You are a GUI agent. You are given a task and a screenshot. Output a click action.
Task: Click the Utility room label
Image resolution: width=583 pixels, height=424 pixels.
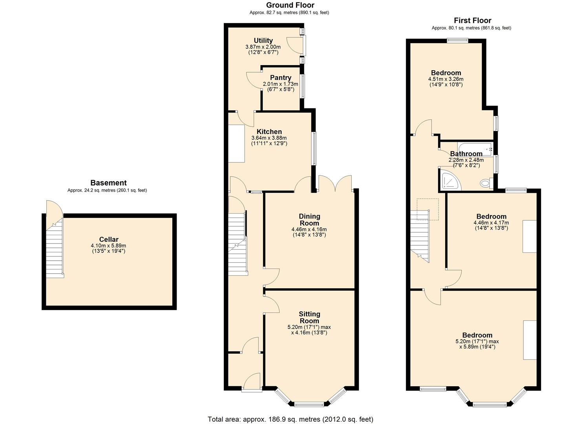click(263, 41)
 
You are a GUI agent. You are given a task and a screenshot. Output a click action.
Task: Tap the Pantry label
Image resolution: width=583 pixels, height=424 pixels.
click(280, 78)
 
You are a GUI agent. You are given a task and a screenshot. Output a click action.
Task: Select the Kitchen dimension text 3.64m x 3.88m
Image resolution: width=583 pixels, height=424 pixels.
click(269, 138)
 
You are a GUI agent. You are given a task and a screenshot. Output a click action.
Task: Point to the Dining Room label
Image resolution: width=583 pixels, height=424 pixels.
click(309, 219)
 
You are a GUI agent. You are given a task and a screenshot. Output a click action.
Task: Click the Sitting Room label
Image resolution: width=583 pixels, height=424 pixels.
click(309, 317)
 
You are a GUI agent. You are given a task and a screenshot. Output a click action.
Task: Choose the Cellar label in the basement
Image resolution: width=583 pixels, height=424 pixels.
click(108, 239)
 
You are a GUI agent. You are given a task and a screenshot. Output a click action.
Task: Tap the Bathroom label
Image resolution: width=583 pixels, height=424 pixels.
click(466, 154)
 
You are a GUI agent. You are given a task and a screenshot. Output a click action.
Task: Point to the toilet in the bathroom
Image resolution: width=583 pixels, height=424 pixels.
click(486, 183)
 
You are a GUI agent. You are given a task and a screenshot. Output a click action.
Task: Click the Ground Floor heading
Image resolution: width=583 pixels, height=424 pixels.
click(290, 5)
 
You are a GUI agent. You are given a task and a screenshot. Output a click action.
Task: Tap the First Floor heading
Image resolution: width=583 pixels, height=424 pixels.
click(472, 20)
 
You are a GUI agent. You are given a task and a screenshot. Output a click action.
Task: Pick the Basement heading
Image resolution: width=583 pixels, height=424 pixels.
click(108, 183)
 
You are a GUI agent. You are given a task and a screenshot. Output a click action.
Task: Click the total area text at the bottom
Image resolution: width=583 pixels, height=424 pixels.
click(290, 419)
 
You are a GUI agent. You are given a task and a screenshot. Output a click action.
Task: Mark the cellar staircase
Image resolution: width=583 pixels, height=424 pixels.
click(54, 253)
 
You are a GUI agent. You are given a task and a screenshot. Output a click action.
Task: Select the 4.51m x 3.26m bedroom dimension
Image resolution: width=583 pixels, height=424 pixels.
click(446, 79)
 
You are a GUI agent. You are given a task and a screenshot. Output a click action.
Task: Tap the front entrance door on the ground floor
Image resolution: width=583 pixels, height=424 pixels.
click(252, 383)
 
